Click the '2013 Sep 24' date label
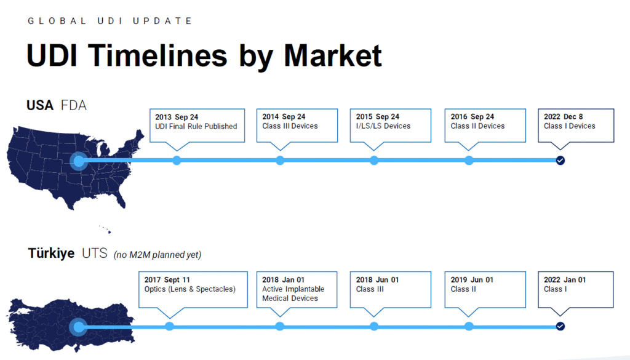[177, 117]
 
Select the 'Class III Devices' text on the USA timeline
[290, 126]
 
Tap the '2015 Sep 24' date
[378, 116]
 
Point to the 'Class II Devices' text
[477, 126]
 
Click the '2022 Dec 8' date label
[564, 116]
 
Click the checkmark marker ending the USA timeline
[560, 161]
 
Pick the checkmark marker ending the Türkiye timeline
[560, 326]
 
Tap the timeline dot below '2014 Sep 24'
[280, 161]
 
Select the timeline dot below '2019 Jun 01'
[468, 326]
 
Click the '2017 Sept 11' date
[167, 279]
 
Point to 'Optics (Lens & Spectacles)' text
[190, 289]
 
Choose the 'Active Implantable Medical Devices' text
[293, 294]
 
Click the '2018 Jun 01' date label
[377, 279]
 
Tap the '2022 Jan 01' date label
[565, 279]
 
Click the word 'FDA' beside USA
[74, 105]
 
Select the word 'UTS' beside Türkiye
[94, 253]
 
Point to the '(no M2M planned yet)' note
[157, 255]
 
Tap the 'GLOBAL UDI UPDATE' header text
[110, 21]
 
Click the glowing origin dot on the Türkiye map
[79, 327]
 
